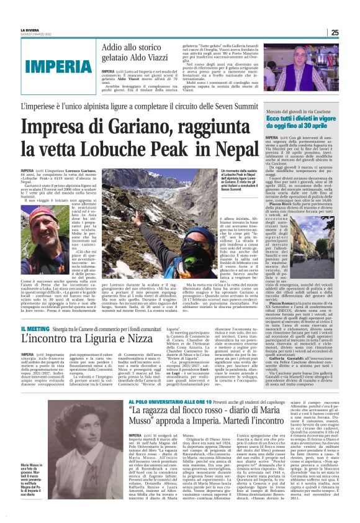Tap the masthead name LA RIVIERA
(x=30, y=30)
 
